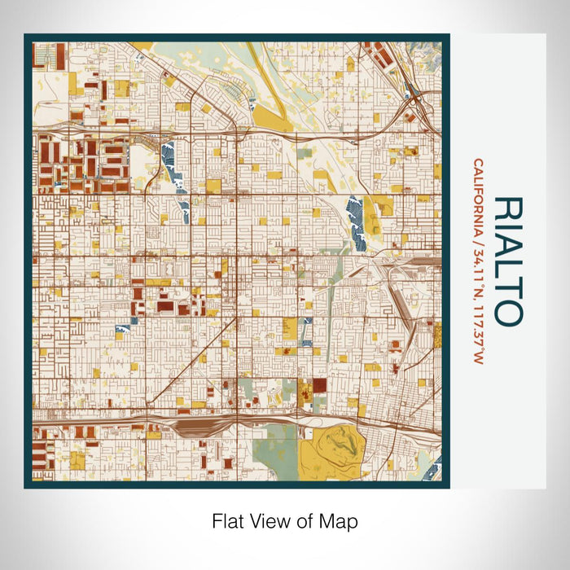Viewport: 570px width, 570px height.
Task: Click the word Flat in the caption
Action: coord(228,521)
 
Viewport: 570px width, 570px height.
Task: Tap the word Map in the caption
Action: coord(342,521)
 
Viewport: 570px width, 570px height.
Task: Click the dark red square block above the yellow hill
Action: coord(319,385)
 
